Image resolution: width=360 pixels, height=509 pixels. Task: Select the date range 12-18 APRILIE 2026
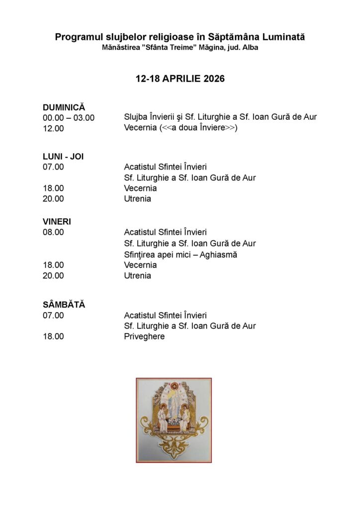tap(180, 79)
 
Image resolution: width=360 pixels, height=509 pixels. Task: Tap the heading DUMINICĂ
tap(64, 107)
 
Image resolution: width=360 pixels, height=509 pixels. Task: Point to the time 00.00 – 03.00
tap(69, 118)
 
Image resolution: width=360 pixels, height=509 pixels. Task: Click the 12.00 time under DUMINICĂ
tap(53, 128)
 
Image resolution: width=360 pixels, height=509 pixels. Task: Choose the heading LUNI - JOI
tap(63, 156)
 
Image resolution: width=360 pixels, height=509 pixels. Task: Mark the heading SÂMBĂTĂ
tap(64, 305)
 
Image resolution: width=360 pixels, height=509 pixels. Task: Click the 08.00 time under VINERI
tap(53, 232)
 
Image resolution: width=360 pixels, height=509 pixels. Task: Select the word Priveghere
tap(144, 337)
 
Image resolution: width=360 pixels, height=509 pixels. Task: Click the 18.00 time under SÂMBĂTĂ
tap(53, 337)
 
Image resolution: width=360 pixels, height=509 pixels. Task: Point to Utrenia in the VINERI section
tap(137, 276)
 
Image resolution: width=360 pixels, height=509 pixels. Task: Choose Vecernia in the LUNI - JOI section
tap(140, 188)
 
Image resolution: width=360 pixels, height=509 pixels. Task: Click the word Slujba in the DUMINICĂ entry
tap(136, 117)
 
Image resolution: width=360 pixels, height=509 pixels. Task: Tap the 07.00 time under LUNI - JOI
tap(53, 167)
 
